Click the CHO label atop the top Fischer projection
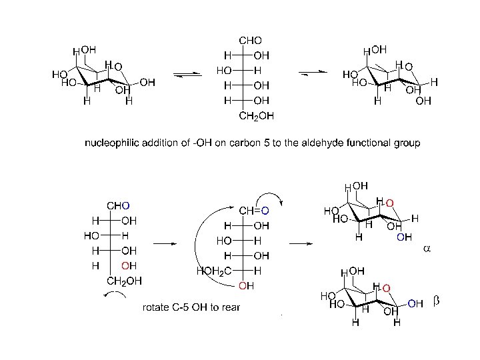tap(251, 41)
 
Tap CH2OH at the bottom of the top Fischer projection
tap(256, 116)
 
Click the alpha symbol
tap(427, 249)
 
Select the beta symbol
tap(437, 303)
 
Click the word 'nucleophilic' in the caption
tap(114, 143)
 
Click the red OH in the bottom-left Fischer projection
tap(129, 266)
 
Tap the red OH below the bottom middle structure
tap(246, 287)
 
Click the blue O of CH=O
tap(265, 211)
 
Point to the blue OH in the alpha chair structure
tap(405, 236)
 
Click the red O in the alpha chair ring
tap(389, 202)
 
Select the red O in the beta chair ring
tap(386, 287)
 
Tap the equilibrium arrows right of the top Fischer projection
tap(313, 73)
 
